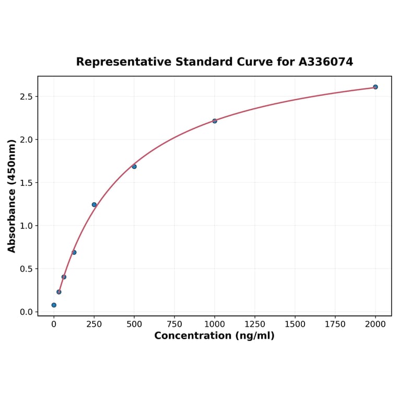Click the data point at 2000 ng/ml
[x=375, y=87]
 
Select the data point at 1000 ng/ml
[x=215, y=121]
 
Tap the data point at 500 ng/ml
[x=134, y=167]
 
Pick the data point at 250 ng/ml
[x=94, y=205]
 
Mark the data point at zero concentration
[x=54, y=305]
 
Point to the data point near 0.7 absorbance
[x=74, y=252]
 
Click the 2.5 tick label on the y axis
[x=26, y=97]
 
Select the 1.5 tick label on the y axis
[x=26, y=183]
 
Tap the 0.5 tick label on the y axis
[x=26, y=269]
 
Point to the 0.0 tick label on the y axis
[x=26, y=312]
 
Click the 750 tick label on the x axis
[x=174, y=324]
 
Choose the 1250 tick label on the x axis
[x=255, y=324]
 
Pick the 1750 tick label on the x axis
[x=335, y=324]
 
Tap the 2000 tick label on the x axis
[x=375, y=324]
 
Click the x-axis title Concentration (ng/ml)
[x=214, y=336]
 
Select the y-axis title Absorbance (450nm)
[x=12, y=196]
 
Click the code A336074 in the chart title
[x=325, y=62]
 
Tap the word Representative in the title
[x=123, y=62]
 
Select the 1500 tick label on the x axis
[x=295, y=324]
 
